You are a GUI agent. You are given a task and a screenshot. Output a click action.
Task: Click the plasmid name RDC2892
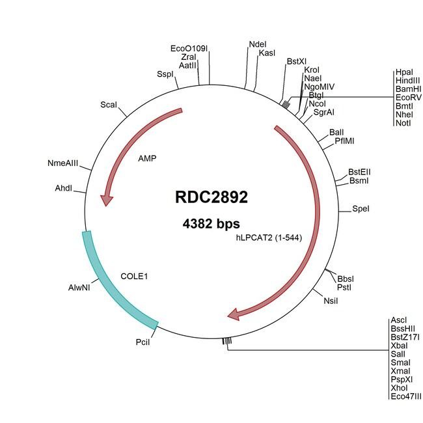click(x=211, y=197)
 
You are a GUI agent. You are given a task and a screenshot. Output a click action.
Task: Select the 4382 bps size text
click(x=211, y=224)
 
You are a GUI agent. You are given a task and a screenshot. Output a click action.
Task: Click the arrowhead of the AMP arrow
click(x=106, y=200)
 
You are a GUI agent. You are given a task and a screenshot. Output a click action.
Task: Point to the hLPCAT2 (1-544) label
click(x=269, y=238)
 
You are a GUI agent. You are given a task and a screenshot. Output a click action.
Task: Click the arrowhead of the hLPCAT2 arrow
click(x=234, y=314)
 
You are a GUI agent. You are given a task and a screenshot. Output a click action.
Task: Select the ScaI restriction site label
click(x=109, y=105)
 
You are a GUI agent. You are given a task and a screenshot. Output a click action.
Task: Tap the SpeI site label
click(x=361, y=209)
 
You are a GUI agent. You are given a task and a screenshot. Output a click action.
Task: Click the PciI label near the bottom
click(x=143, y=342)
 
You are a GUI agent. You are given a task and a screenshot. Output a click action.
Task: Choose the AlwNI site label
click(x=79, y=288)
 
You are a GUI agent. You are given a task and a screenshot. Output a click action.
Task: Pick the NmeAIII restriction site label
click(x=62, y=163)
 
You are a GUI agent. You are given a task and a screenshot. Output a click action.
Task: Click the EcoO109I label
click(x=189, y=49)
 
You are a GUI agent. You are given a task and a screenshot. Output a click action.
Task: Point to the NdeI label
click(x=258, y=44)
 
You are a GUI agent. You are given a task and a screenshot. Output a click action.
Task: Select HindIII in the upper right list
click(x=407, y=81)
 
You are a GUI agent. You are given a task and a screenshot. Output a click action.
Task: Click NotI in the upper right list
click(x=403, y=123)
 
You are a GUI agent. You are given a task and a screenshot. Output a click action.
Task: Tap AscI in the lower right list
click(x=398, y=320)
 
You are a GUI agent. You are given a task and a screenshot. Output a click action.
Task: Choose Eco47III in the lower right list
click(x=405, y=396)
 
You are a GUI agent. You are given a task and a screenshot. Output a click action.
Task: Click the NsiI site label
click(x=331, y=301)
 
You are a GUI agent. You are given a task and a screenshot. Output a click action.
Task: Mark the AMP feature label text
click(x=147, y=158)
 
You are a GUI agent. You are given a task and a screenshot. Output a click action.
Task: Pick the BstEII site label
click(x=359, y=172)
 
